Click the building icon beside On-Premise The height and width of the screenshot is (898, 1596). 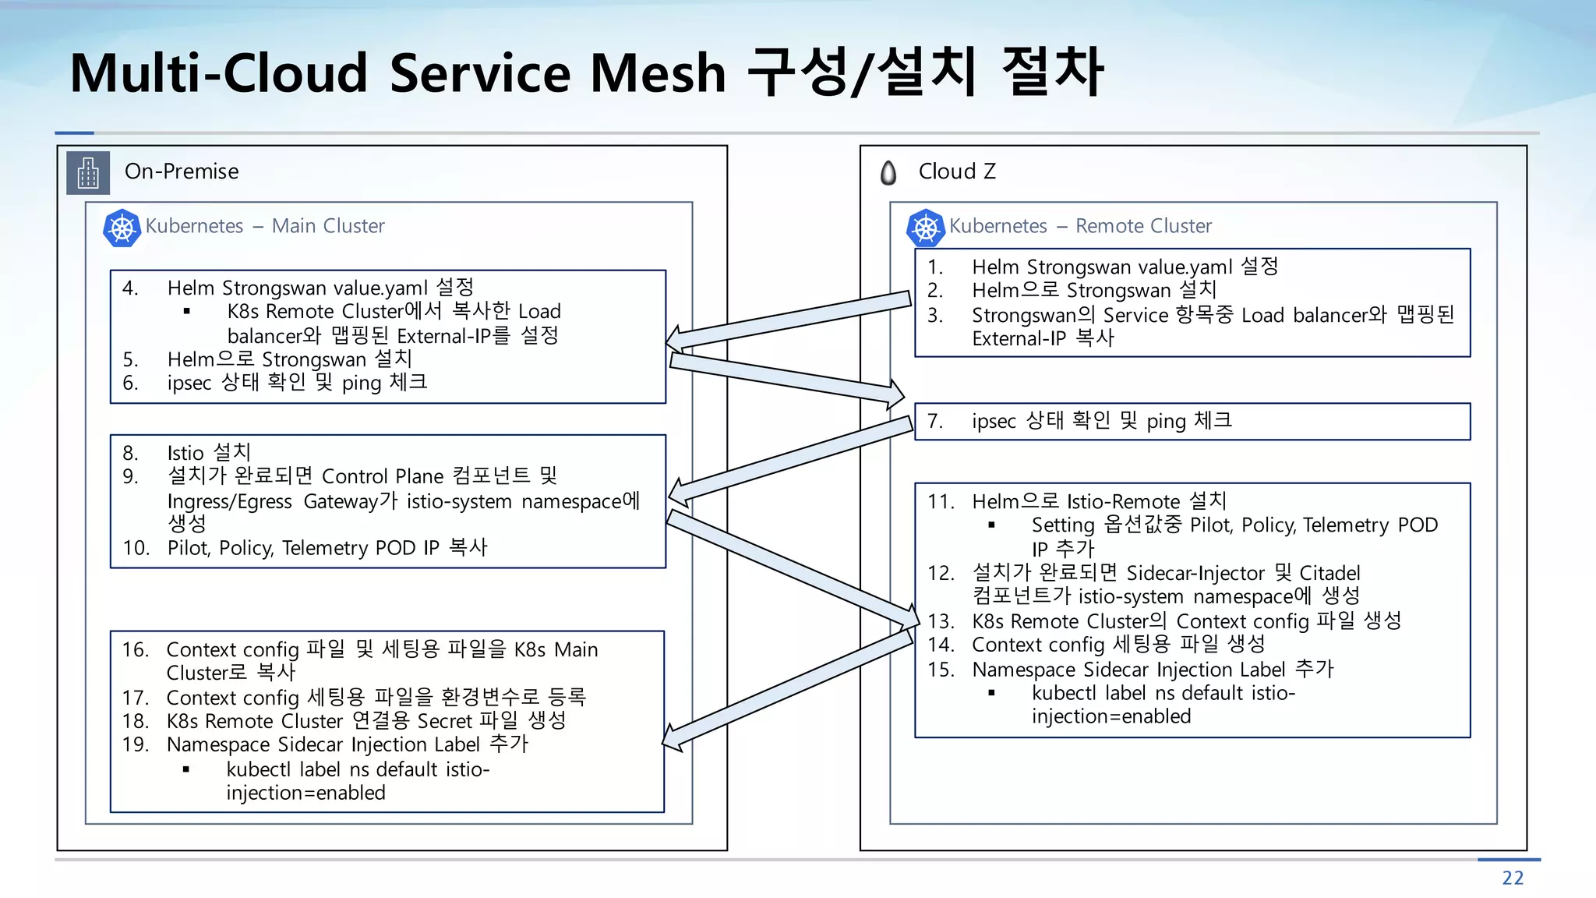point(88,172)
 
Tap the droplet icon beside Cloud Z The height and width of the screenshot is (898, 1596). point(888,172)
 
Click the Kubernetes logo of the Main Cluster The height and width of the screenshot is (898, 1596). point(122,228)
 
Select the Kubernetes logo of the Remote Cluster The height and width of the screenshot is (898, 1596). point(925,228)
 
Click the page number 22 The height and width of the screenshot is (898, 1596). point(1512,878)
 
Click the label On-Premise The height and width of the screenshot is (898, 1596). point(182,171)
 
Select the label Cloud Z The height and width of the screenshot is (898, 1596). point(957,171)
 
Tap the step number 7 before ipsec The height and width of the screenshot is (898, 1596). point(934,422)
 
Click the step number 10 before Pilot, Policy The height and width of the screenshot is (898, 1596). point(136,548)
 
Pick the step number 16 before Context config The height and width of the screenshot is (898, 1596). point(135,650)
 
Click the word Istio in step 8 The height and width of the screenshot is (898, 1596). point(185,453)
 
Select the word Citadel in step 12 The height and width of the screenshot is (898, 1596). point(1329,574)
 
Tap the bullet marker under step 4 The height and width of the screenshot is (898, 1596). point(186,312)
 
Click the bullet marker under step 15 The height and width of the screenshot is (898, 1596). point(991,693)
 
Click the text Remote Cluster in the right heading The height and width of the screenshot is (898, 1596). point(1143,226)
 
